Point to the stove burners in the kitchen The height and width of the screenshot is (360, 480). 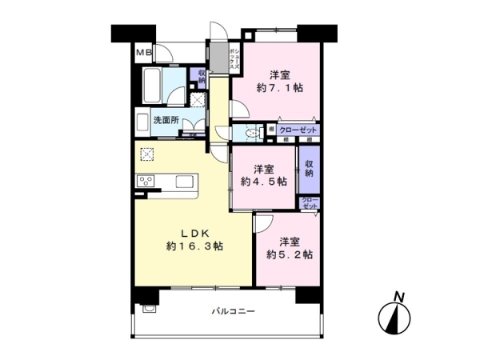tap(146, 180)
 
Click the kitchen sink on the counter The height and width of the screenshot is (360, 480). tap(184, 181)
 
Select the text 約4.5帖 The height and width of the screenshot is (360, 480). tap(263, 182)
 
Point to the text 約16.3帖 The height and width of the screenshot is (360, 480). tap(194, 247)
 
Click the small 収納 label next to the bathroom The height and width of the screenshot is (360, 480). tap(201, 78)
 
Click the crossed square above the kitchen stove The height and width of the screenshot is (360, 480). tap(147, 154)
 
